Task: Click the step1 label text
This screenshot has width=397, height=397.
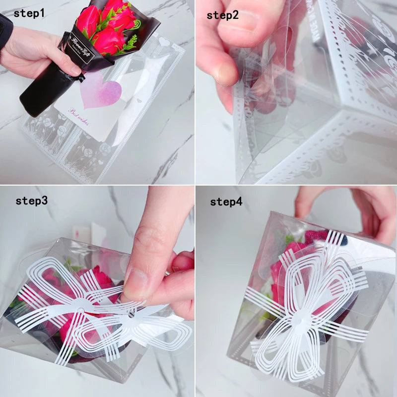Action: pyautogui.click(x=29, y=13)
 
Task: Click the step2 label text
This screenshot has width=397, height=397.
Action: pyautogui.click(x=223, y=15)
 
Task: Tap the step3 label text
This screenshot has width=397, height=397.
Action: pyautogui.click(x=31, y=201)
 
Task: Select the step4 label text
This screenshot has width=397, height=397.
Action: pyautogui.click(x=226, y=201)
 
